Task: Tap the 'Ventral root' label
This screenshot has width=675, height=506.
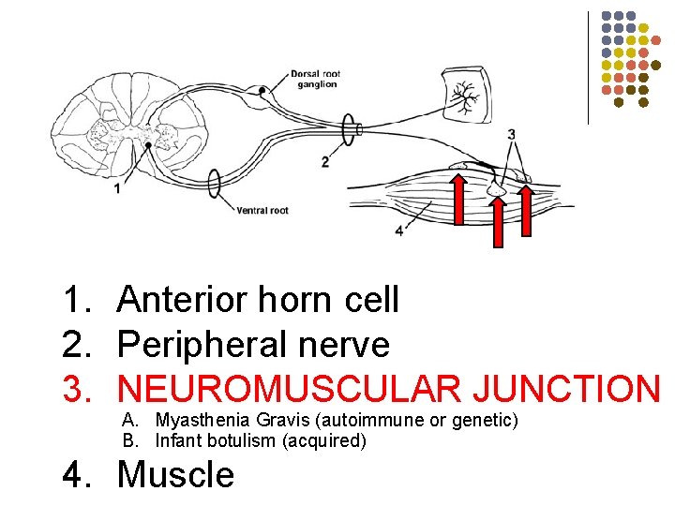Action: click(x=262, y=210)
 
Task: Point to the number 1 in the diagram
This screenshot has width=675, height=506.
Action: click(x=117, y=188)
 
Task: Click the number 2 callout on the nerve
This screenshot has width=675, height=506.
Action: click(x=324, y=161)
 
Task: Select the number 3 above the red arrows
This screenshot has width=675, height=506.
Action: click(x=511, y=134)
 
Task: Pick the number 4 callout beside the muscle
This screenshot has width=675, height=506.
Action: click(x=400, y=230)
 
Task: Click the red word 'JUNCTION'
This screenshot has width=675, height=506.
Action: click(x=566, y=389)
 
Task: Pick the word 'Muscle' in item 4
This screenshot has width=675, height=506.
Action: click(x=175, y=475)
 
